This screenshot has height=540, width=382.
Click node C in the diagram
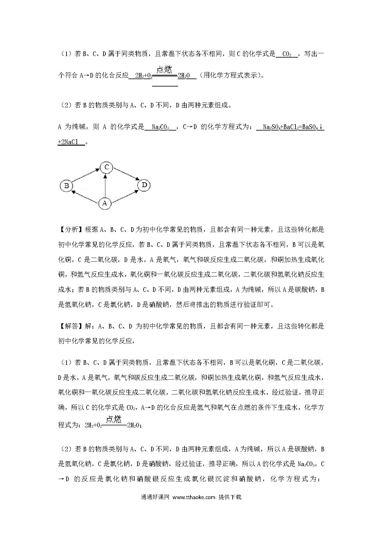coord(107,167)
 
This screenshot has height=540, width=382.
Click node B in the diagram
coord(66,186)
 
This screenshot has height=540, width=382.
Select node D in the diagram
coord(144,185)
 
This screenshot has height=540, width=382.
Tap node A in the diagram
coord(105,203)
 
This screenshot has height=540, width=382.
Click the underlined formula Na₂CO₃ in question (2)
coord(160,127)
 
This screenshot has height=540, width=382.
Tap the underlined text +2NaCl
coord(68,142)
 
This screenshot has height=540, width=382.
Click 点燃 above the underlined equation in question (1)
coord(165,70)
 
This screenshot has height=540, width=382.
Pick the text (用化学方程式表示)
coord(232,75)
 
